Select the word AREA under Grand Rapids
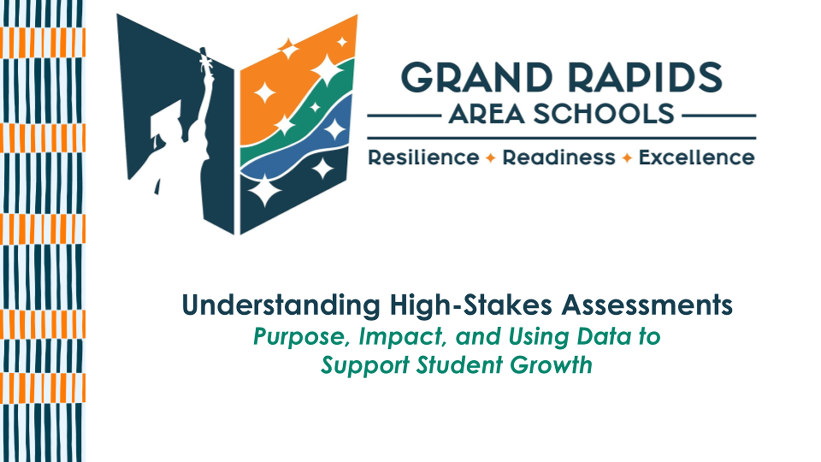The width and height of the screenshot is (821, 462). point(487,114)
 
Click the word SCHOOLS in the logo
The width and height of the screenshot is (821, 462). point(604,114)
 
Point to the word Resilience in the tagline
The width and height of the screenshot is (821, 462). point(423,157)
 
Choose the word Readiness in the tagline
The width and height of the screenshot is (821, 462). point(558,157)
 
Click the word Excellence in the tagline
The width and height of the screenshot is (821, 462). point(697,157)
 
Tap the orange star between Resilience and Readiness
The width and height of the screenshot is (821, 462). point(490,158)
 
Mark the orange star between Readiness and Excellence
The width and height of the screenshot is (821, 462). point(627,158)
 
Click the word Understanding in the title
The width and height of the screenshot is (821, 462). point(281,305)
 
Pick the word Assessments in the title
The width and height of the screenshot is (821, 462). point(647,305)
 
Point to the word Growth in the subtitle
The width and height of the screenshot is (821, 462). point(551,365)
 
